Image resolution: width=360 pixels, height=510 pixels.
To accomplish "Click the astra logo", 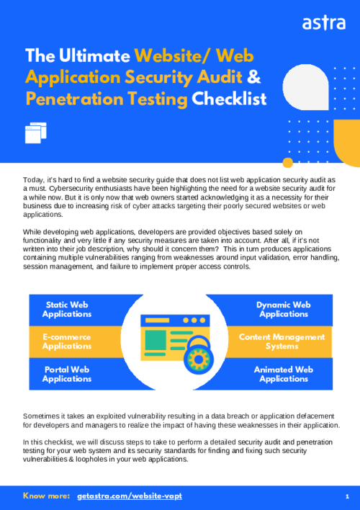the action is point(324,24).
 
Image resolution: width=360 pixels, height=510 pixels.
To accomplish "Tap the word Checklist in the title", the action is point(229,99).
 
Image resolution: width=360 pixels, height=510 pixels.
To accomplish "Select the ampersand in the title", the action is point(253,77).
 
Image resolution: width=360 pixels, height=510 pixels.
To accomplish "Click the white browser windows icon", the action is point(36,133).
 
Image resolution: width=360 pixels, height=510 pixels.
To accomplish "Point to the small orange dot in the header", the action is point(288,162).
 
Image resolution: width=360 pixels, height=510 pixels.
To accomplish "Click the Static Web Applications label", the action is point(67,309).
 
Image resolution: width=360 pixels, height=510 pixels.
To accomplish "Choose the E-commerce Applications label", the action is point(67,341).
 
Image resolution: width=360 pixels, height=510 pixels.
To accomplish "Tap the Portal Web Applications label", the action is point(67,374).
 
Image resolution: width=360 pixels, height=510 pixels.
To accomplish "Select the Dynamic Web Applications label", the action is point(284,309).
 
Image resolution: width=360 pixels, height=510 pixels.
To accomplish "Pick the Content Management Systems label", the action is point(282,341).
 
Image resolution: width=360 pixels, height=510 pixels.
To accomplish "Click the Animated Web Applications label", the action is point(284,374).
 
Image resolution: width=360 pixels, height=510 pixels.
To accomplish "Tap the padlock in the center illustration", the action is point(197,356).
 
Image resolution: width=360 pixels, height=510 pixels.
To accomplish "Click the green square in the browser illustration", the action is point(156,340).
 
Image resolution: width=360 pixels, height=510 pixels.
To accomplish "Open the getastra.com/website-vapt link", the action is point(130,496).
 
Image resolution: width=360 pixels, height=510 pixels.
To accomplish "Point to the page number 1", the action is point(347,496).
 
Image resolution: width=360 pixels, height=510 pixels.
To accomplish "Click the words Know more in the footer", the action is point(46,496).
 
